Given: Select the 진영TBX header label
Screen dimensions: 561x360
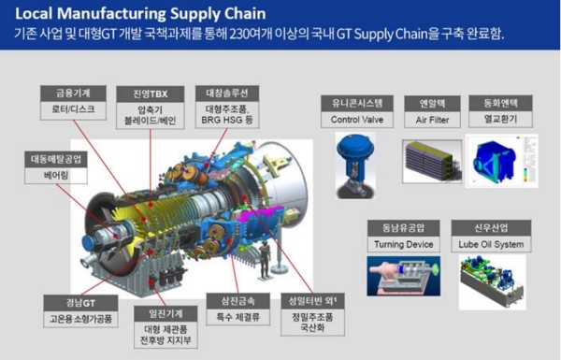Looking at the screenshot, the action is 143,93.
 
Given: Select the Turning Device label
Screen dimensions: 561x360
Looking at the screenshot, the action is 405,244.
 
